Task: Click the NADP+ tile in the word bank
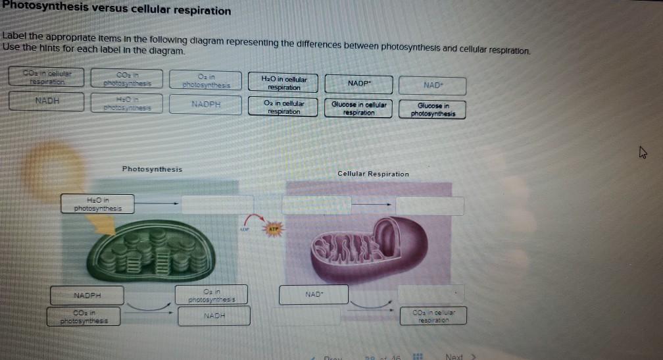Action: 358,85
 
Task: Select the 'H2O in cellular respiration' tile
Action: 284,83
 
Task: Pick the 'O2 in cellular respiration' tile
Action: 284,107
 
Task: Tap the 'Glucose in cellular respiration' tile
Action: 358,109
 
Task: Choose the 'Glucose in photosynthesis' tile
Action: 433,109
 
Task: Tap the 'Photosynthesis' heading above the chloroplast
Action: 152,169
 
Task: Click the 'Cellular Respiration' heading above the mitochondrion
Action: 373,174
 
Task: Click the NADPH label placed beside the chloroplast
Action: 87,295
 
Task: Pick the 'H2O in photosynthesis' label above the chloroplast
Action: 97,204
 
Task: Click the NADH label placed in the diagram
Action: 214,316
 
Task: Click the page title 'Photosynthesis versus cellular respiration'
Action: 116,11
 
